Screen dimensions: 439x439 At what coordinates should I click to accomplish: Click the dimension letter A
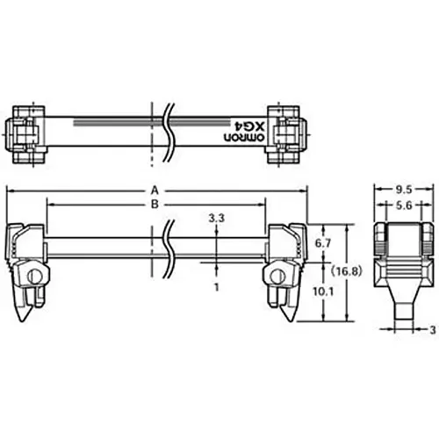[155, 189]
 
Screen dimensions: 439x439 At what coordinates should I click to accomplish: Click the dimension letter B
[155, 204]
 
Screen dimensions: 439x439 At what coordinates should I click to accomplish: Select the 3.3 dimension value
[216, 217]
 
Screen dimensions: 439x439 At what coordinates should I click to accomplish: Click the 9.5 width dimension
[400, 189]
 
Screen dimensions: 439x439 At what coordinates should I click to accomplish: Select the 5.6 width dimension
[400, 205]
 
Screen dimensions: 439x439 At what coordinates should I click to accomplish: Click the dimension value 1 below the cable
[216, 286]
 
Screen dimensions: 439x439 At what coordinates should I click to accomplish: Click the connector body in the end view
[401, 250]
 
